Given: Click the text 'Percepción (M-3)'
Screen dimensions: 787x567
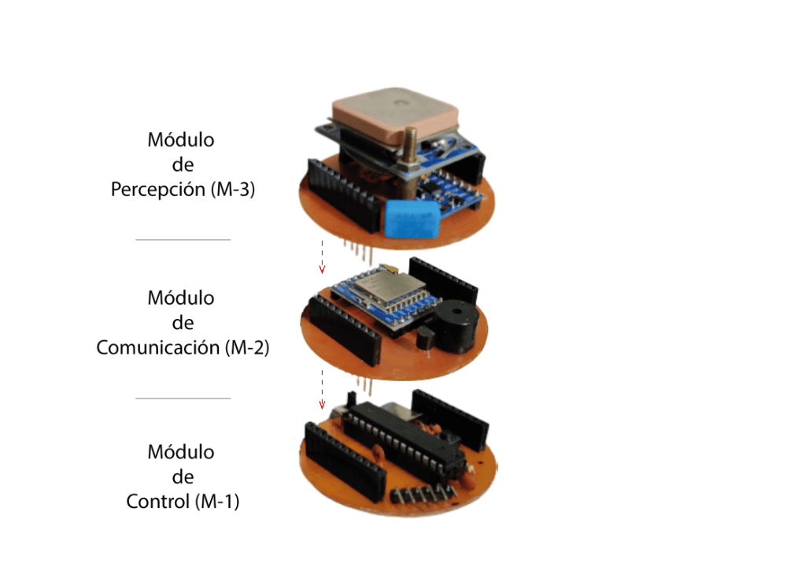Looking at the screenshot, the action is (x=183, y=190).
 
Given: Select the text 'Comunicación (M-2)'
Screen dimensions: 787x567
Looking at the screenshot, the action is (x=183, y=347).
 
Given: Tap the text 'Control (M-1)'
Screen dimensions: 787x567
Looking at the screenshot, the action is (x=183, y=501).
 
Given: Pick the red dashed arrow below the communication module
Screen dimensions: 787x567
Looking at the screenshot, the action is (x=321, y=388).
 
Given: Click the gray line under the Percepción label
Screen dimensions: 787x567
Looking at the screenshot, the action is (x=183, y=239).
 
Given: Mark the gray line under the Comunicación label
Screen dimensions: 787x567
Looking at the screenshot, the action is (x=183, y=398).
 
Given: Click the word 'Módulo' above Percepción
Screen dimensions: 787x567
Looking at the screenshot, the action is (x=181, y=140).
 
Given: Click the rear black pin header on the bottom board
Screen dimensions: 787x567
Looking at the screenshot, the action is (x=450, y=416).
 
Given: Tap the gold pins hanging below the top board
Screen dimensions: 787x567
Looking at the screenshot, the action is (x=357, y=250).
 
